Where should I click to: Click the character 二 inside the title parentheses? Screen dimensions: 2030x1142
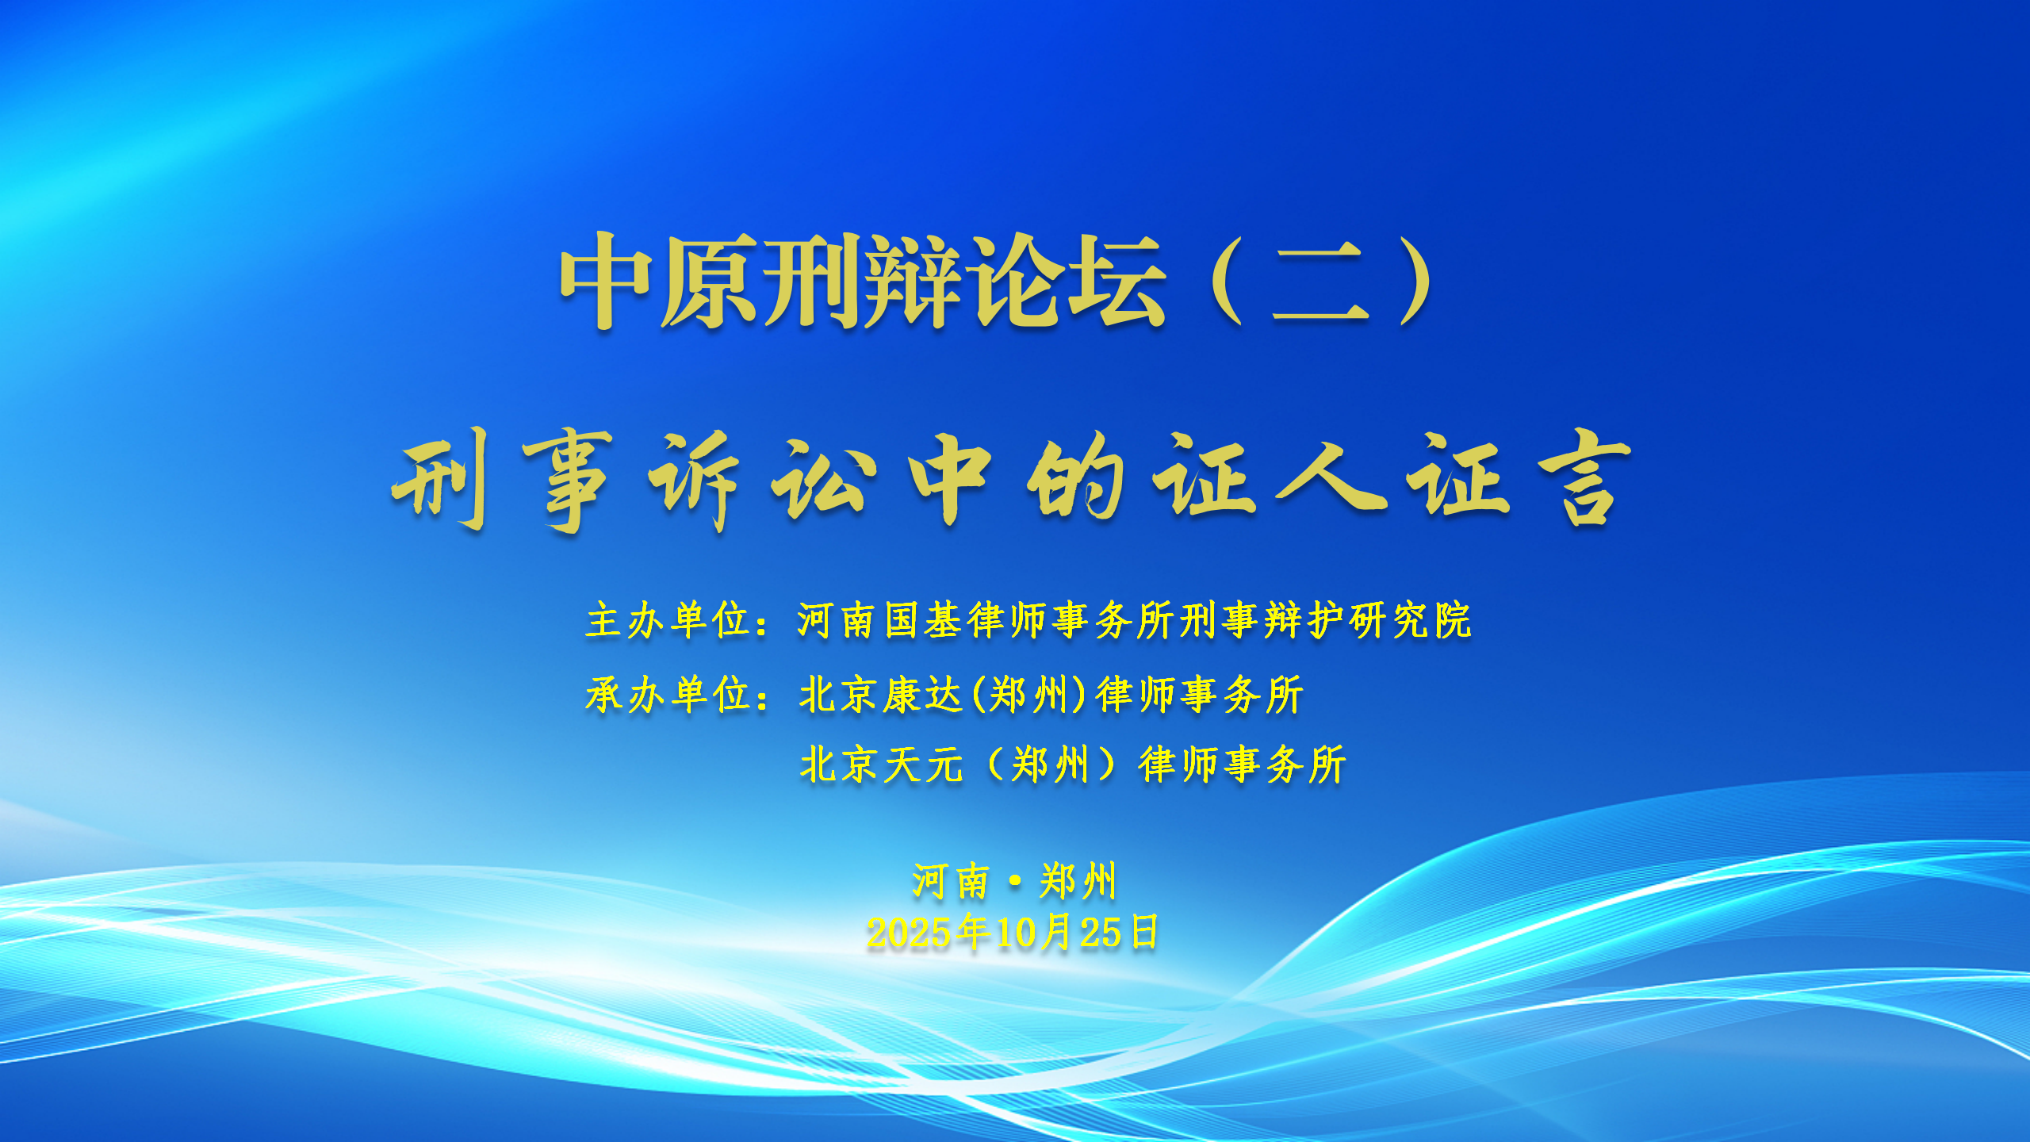click(1321, 282)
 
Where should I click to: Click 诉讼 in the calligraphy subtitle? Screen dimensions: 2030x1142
click(762, 480)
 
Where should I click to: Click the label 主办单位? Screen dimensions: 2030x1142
click(668, 620)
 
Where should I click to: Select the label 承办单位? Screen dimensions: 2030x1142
click(668, 695)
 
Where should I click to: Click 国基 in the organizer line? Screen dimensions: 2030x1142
click(923, 620)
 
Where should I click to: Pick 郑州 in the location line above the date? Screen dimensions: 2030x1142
click(1078, 882)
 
